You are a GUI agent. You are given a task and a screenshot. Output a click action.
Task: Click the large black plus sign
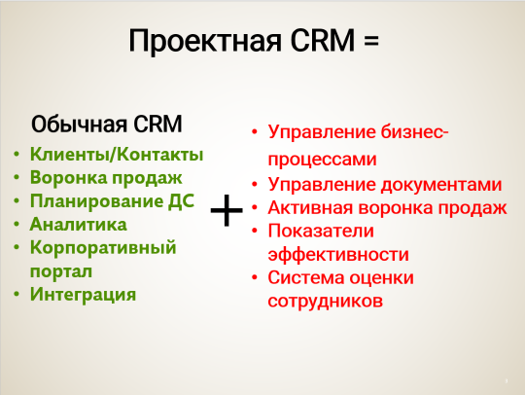227,209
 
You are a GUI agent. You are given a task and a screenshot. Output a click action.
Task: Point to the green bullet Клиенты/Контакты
116,154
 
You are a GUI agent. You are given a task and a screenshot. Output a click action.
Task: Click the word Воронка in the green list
65,177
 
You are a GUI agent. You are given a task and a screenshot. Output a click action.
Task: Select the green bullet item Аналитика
78,224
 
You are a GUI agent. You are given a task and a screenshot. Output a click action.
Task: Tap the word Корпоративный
102,247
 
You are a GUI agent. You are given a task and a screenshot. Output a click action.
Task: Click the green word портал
60,269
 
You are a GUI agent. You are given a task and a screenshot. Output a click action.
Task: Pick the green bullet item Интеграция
83,293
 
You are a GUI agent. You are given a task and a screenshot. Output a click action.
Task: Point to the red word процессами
322,159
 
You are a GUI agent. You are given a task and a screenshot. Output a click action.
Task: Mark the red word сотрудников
325,302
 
